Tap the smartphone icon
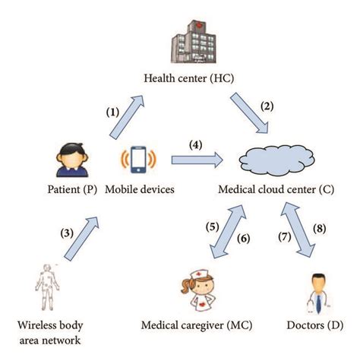pyautogui.click(x=138, y=160)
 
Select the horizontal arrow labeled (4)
pyautogui.click(x=196, y=160)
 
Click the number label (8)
pyautogui.click(x=321, y=226)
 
